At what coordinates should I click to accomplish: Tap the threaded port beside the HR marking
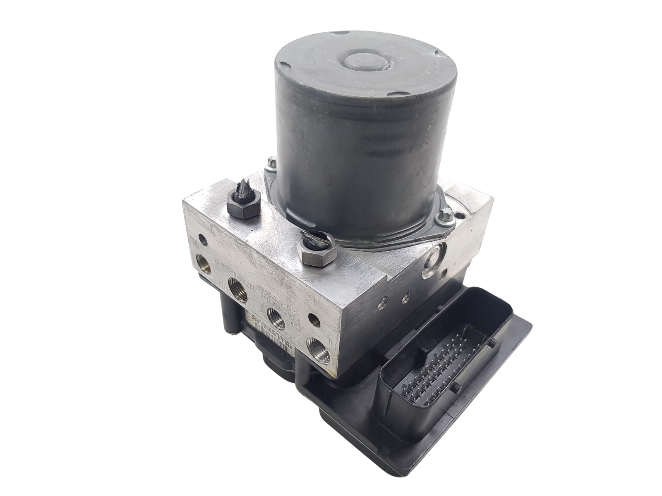click(317, 345)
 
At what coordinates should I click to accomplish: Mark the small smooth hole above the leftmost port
click(202, 239)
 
